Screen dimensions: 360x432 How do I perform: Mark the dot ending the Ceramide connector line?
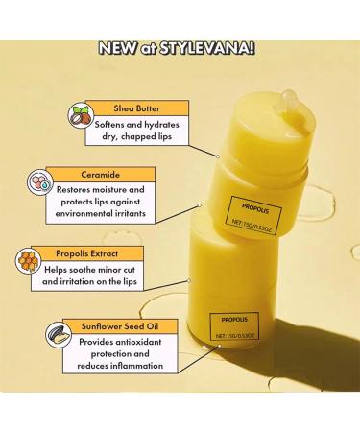tap(200, 202)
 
